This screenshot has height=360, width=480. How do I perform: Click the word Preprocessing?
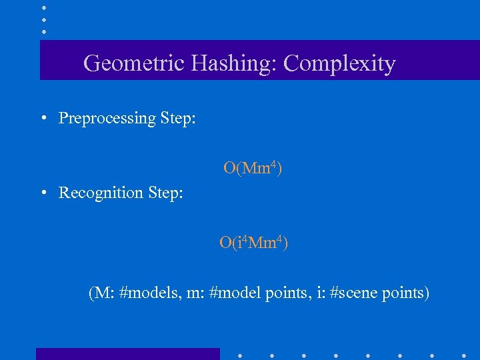pyautogui.click(x=107, y=119)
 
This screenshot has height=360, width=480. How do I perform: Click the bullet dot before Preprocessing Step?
pyautogui.click(x=43, y=119)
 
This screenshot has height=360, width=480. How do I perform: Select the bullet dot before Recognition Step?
pyautogui.click(x=43, y=193)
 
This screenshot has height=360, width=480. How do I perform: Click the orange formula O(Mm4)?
pyautogui.click(x=252, y=168)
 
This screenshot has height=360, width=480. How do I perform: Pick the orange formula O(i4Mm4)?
pyautogui.click(x=253, y=243)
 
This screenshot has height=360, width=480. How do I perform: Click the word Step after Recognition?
pyautogui.click(x=166, y=193)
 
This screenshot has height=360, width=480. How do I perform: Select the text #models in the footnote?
pyautogui.click(x=147, y=293)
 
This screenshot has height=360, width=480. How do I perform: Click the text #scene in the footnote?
pyautogui.click(x=354, y=293)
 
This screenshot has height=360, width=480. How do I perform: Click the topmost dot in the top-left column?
pyautogui.click(x=43, y=8)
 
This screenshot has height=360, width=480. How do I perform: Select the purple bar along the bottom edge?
pyautogui.click(x=127, y=354)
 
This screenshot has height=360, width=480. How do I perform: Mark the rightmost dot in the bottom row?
pyautogui.click(x=464, y=354)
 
